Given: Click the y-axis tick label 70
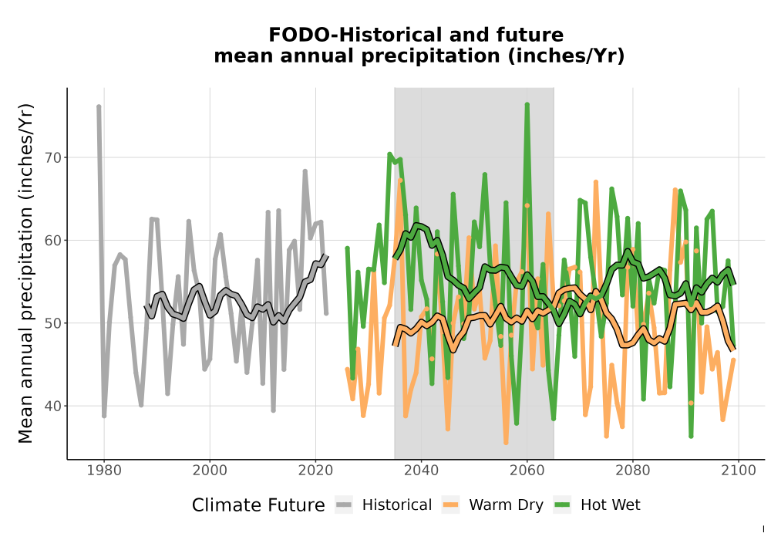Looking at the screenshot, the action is coord(54,158).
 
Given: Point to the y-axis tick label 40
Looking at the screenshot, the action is coord(54,407).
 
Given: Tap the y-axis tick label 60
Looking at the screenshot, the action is coord(54,241).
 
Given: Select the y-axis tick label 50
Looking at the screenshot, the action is coord(54,323).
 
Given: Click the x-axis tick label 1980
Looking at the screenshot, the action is coord(104,471).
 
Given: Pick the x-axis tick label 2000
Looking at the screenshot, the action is coord(210,471).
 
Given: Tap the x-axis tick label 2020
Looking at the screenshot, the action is coord(315,471).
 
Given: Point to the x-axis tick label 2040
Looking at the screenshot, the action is coord(422,471).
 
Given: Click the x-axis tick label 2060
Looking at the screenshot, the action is coord(527,471).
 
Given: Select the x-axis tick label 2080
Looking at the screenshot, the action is coord(633,471).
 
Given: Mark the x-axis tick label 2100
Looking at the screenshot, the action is coord(739,471).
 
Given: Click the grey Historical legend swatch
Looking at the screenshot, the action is coord(344,505).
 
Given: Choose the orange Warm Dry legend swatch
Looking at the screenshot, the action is coord(450,505).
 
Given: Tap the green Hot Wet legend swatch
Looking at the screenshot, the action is coord(562,505).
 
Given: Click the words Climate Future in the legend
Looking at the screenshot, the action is coord(258,505).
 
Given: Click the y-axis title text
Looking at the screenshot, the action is coord(25,273).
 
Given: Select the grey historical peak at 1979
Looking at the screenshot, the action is coord(99,106).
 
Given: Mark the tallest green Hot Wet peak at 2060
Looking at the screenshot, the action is coord(527,105).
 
